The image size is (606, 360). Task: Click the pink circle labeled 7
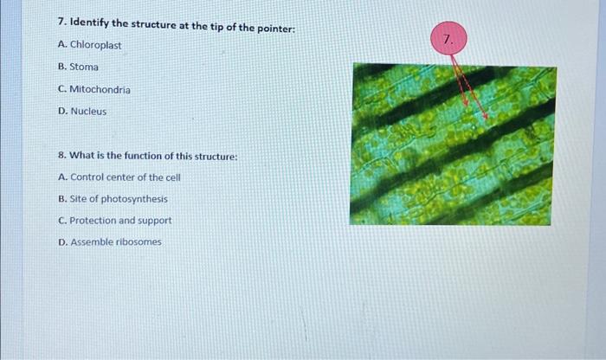(x=448, y=40)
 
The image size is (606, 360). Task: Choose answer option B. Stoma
(x=78, y=67)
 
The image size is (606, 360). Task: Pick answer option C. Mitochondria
(x=94, y=89)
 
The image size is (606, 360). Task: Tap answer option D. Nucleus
(x=82, y=112)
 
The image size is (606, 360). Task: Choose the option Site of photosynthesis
(x=113, y=199)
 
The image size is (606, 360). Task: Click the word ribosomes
(x=138, y=242)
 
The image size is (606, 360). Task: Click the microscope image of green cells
(x=452, y=145)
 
